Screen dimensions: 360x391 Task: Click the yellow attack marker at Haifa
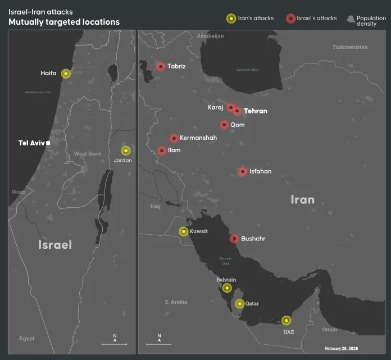click(66, 74)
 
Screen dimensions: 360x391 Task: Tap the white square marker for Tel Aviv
click(48, 143)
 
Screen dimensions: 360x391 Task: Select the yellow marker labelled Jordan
click(126, 151)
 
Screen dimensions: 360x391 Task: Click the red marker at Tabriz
click(161, 66)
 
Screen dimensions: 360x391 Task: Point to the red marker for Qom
click(224, 125)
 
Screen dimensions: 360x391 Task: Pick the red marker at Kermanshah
click(174, 138)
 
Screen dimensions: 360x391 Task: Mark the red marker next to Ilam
click(162, 151)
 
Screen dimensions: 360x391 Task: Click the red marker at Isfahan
click(243, 171)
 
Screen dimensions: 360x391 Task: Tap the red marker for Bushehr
click(234, 239)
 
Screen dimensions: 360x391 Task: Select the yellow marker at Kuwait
click(184, 231)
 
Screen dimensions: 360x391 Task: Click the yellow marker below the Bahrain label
click(226, 288)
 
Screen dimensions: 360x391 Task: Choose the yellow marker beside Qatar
click(239, 304)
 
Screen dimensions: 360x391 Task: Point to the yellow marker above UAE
click(287, 321)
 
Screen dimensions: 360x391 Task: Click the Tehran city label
click(256, 111)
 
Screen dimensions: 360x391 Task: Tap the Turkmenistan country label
click(349, 47)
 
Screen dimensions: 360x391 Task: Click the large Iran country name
click(302, 199)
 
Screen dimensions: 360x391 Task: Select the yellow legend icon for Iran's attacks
click(231, 19)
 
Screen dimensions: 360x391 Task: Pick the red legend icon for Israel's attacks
click(290, 19)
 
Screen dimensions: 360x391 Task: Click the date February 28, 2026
click(341, 349)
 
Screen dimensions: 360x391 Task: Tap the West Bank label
click(87, 154)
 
